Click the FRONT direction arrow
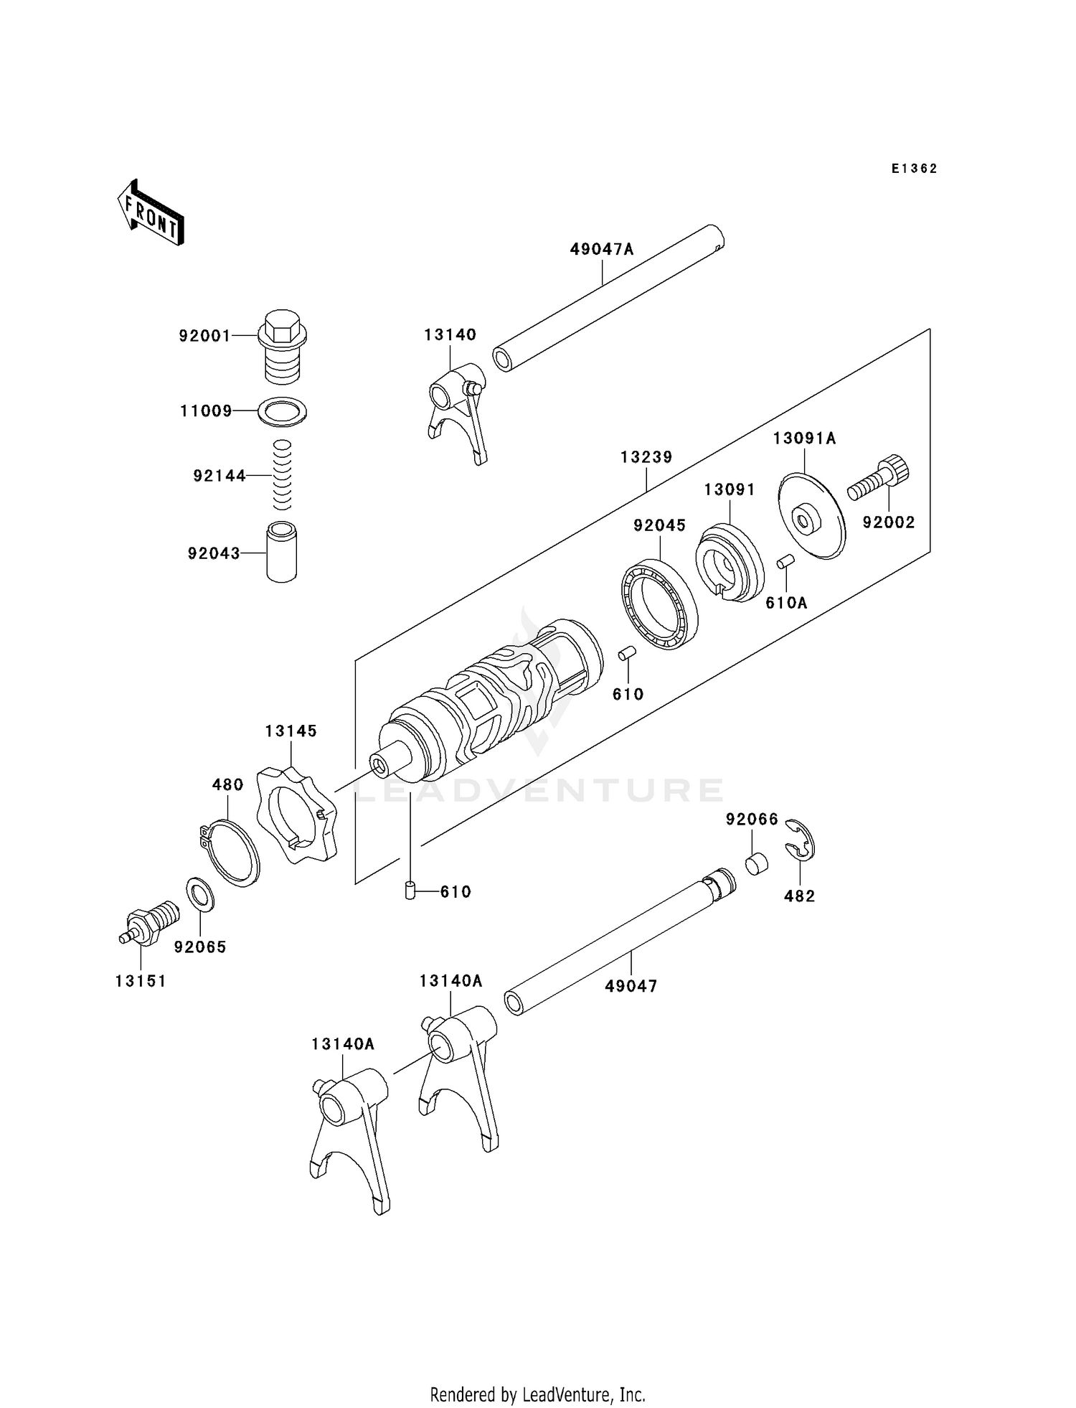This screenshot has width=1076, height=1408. pos(151,215)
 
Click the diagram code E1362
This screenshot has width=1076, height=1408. pos(914,169)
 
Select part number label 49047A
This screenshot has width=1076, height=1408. pos(602,250)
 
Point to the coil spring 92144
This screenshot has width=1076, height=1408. pos(283,474)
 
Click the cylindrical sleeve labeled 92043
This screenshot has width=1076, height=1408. pos(281,552)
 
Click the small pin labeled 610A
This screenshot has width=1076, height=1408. pos(784,561)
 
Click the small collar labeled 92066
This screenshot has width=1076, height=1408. pos(757,863)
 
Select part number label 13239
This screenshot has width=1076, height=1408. pos(646,457)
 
